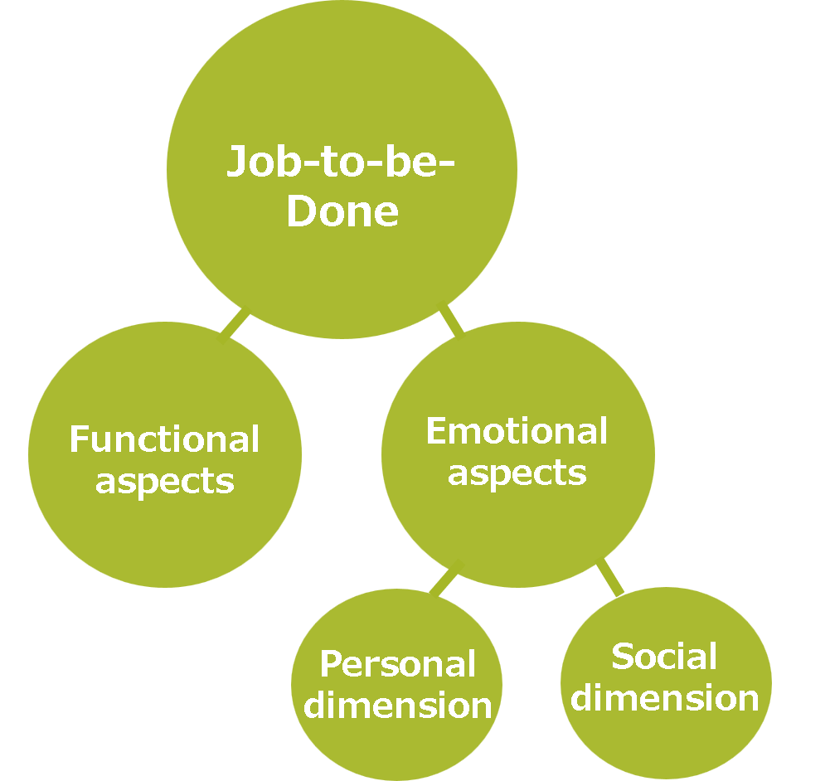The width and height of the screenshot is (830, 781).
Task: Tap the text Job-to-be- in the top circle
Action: (342, 162)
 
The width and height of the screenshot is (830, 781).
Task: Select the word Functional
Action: (164, 439)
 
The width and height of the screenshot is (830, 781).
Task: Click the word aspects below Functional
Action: (164, 481)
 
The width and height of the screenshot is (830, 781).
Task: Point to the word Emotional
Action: (517, 431)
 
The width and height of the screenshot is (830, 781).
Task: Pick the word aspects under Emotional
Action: (517, 473)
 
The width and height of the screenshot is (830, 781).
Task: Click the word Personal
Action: (398, 664)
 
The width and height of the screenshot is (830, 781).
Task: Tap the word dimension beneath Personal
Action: (398, 706)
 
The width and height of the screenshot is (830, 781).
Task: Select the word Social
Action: (664, 657)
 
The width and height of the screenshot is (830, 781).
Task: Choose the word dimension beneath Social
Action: (665, 698)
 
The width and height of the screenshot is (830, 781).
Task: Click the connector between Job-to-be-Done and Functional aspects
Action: (236, 323)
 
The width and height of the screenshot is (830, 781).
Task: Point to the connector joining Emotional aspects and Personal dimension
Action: (444, 583)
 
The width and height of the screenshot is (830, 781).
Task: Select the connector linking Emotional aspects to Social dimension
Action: (609, 577)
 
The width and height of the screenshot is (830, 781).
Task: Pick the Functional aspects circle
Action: (164, 531)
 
